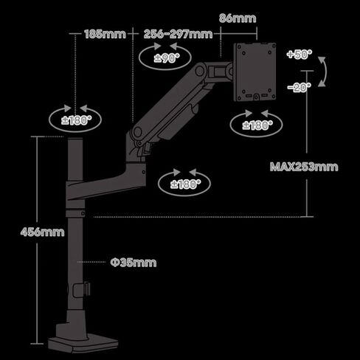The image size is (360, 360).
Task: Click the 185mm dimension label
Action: (105, 34)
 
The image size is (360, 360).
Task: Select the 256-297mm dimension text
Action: (178, 34)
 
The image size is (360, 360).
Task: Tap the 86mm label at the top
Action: (238, 18)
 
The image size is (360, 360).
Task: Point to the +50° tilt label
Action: (300, 54)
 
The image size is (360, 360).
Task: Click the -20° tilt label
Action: (300, 87)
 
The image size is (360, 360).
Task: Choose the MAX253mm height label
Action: (304, 167)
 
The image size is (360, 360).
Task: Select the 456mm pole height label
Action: (42, 232)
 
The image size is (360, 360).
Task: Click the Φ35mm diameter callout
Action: (134, 263)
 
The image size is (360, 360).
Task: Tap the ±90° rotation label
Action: (167, 58)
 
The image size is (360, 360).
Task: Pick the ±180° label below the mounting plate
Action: (257, 125)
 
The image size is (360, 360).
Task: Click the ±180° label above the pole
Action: (76, 120)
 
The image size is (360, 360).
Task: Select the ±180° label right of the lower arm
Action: (185, 184)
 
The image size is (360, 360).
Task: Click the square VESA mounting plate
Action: (255, 72)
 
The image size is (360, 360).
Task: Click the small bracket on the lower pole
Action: (82, 290)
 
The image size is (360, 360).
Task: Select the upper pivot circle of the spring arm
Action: (200, 71)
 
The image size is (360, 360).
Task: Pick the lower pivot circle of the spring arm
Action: (137, 133)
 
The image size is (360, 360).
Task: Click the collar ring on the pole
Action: (76, 213)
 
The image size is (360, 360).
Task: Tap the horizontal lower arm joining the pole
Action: (105, 183)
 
